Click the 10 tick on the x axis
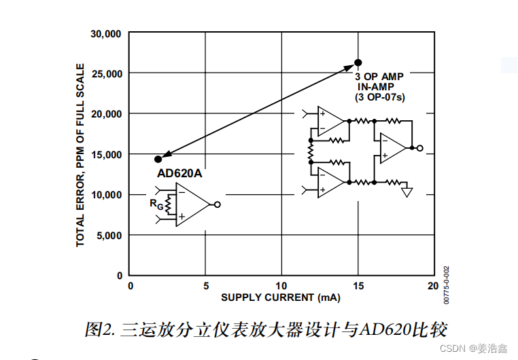(x=281, y=286)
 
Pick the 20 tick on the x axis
(x=432, y=286)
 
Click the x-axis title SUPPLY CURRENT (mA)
(x=280, y=298)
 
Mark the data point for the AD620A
(x=158, y=159)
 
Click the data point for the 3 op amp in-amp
(x=358, y=63)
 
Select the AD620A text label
(x=180, y=173)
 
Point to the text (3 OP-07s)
(x=380, y=97)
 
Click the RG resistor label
(x=154, y=202)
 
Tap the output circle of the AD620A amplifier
(x=217, y=204)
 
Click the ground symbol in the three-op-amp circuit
(x=407, y=192)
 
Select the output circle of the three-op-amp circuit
(x=420, y=147)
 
